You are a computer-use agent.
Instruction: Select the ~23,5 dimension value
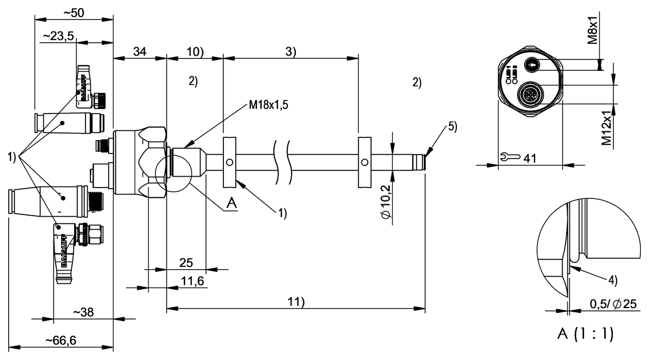(x=58, y=36)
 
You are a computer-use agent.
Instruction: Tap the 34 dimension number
(x=140, y=51)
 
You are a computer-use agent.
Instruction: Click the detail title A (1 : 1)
(x=586, y=335)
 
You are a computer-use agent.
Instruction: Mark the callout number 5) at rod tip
(x=452, y=127)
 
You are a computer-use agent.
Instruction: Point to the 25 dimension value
(x=186, y=263)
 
